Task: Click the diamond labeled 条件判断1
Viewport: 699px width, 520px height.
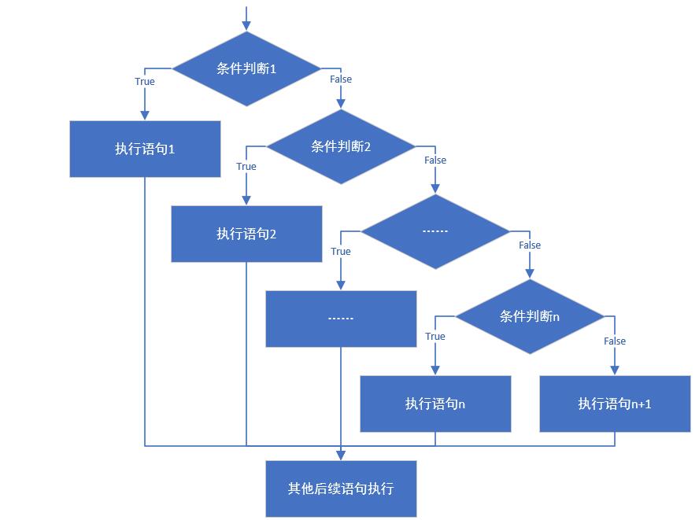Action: pos(246,69)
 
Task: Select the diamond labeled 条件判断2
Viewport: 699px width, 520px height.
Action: pos(341,146)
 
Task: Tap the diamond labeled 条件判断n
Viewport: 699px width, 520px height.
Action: pos(530,316)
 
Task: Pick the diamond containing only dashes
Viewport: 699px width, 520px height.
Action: pos(435,231)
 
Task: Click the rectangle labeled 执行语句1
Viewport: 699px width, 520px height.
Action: pos(145,149)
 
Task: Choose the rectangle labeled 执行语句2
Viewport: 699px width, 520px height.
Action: pos(246,234)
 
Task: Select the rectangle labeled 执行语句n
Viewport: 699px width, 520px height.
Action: pos(435,404)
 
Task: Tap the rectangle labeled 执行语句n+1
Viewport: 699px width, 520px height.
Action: pos(615,404)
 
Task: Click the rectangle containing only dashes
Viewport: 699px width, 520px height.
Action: pos(341,319)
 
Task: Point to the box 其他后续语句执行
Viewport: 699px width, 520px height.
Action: pos(341,489)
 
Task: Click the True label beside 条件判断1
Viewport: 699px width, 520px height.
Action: pos(145,82)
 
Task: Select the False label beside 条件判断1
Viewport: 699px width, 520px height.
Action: pos(341,79)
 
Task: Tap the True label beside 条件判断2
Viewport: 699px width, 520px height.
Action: pos(246,167)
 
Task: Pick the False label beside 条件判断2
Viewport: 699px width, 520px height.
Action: pos(435,160)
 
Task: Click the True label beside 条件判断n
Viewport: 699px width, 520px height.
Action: pos(435,337)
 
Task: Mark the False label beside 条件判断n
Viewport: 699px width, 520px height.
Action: pos(615,341)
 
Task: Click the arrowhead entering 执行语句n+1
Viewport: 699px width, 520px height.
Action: pos(615,371)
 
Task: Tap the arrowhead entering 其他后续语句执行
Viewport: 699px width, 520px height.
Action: pos(341,455)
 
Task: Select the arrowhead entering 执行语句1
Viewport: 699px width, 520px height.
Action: pos(145,116)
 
